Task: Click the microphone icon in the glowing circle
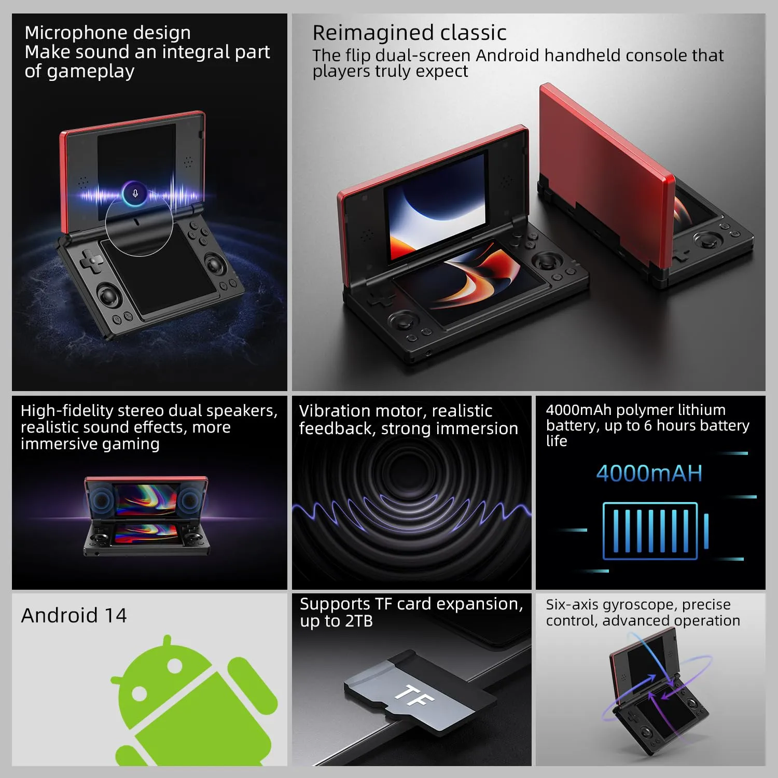135,193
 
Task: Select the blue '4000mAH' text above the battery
649,474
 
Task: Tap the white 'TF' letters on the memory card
414,696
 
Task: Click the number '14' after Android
116,616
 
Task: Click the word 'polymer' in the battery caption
642,410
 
